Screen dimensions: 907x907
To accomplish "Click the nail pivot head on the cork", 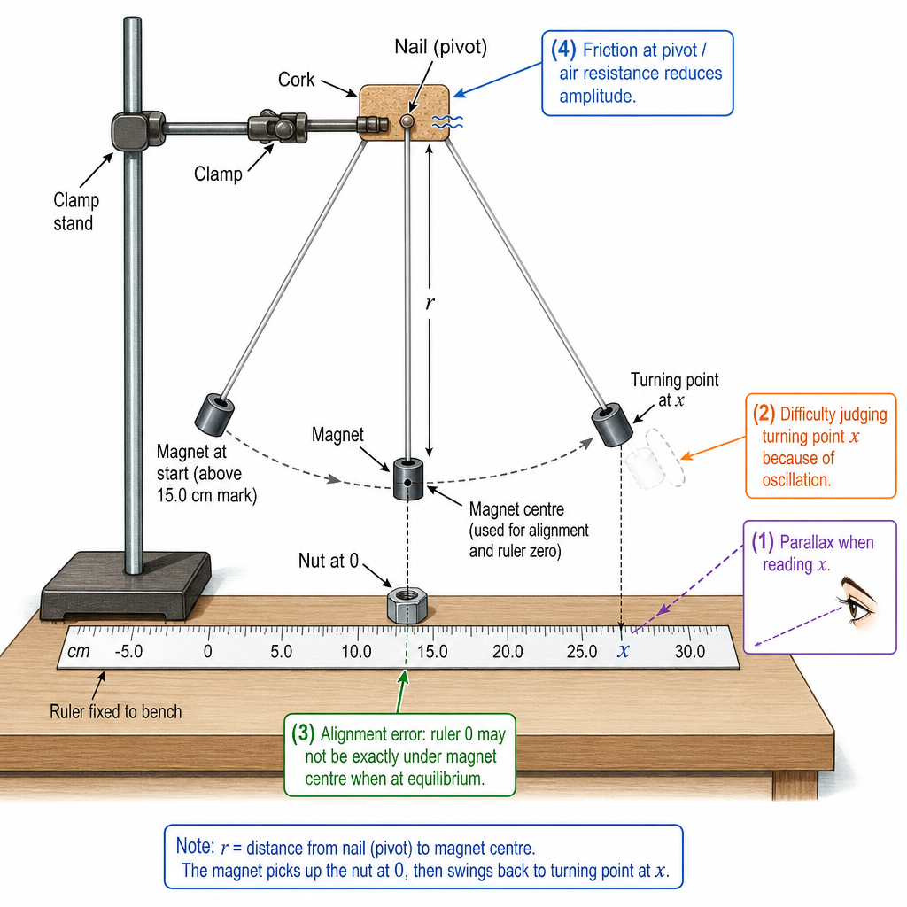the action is (x=407, y=120).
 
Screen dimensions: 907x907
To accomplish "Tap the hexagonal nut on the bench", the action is (x=407, y=605).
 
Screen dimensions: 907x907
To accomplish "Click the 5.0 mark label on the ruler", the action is (x=281, y=651).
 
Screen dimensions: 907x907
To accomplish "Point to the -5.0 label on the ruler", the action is (x=128, y=651).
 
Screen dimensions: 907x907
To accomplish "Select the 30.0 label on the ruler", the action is (x=689, y=651).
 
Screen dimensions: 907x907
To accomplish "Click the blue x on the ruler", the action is (x=623, y=651).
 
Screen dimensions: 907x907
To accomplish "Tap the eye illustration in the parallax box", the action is (x=857, y=600).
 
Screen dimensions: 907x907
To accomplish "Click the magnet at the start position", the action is (x=214, y=415).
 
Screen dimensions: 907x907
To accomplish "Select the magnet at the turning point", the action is (x=613, y=426).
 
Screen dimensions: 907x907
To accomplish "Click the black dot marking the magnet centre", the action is (x=407, y=482).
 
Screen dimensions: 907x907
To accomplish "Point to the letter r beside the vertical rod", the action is (x=430, y=302).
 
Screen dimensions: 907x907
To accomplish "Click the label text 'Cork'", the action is (x=296, y=79).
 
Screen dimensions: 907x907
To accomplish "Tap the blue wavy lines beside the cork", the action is (x=447, y=121).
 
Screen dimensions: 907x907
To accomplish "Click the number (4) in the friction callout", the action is (x=563, y=50).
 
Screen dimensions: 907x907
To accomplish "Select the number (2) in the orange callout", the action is (x=764, y=413).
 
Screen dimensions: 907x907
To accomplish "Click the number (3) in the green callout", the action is (x=303, y=733).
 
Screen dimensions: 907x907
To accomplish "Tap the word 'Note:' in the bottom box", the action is (x=195, y=846).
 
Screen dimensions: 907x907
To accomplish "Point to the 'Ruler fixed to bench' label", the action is (x=116, y=711).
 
